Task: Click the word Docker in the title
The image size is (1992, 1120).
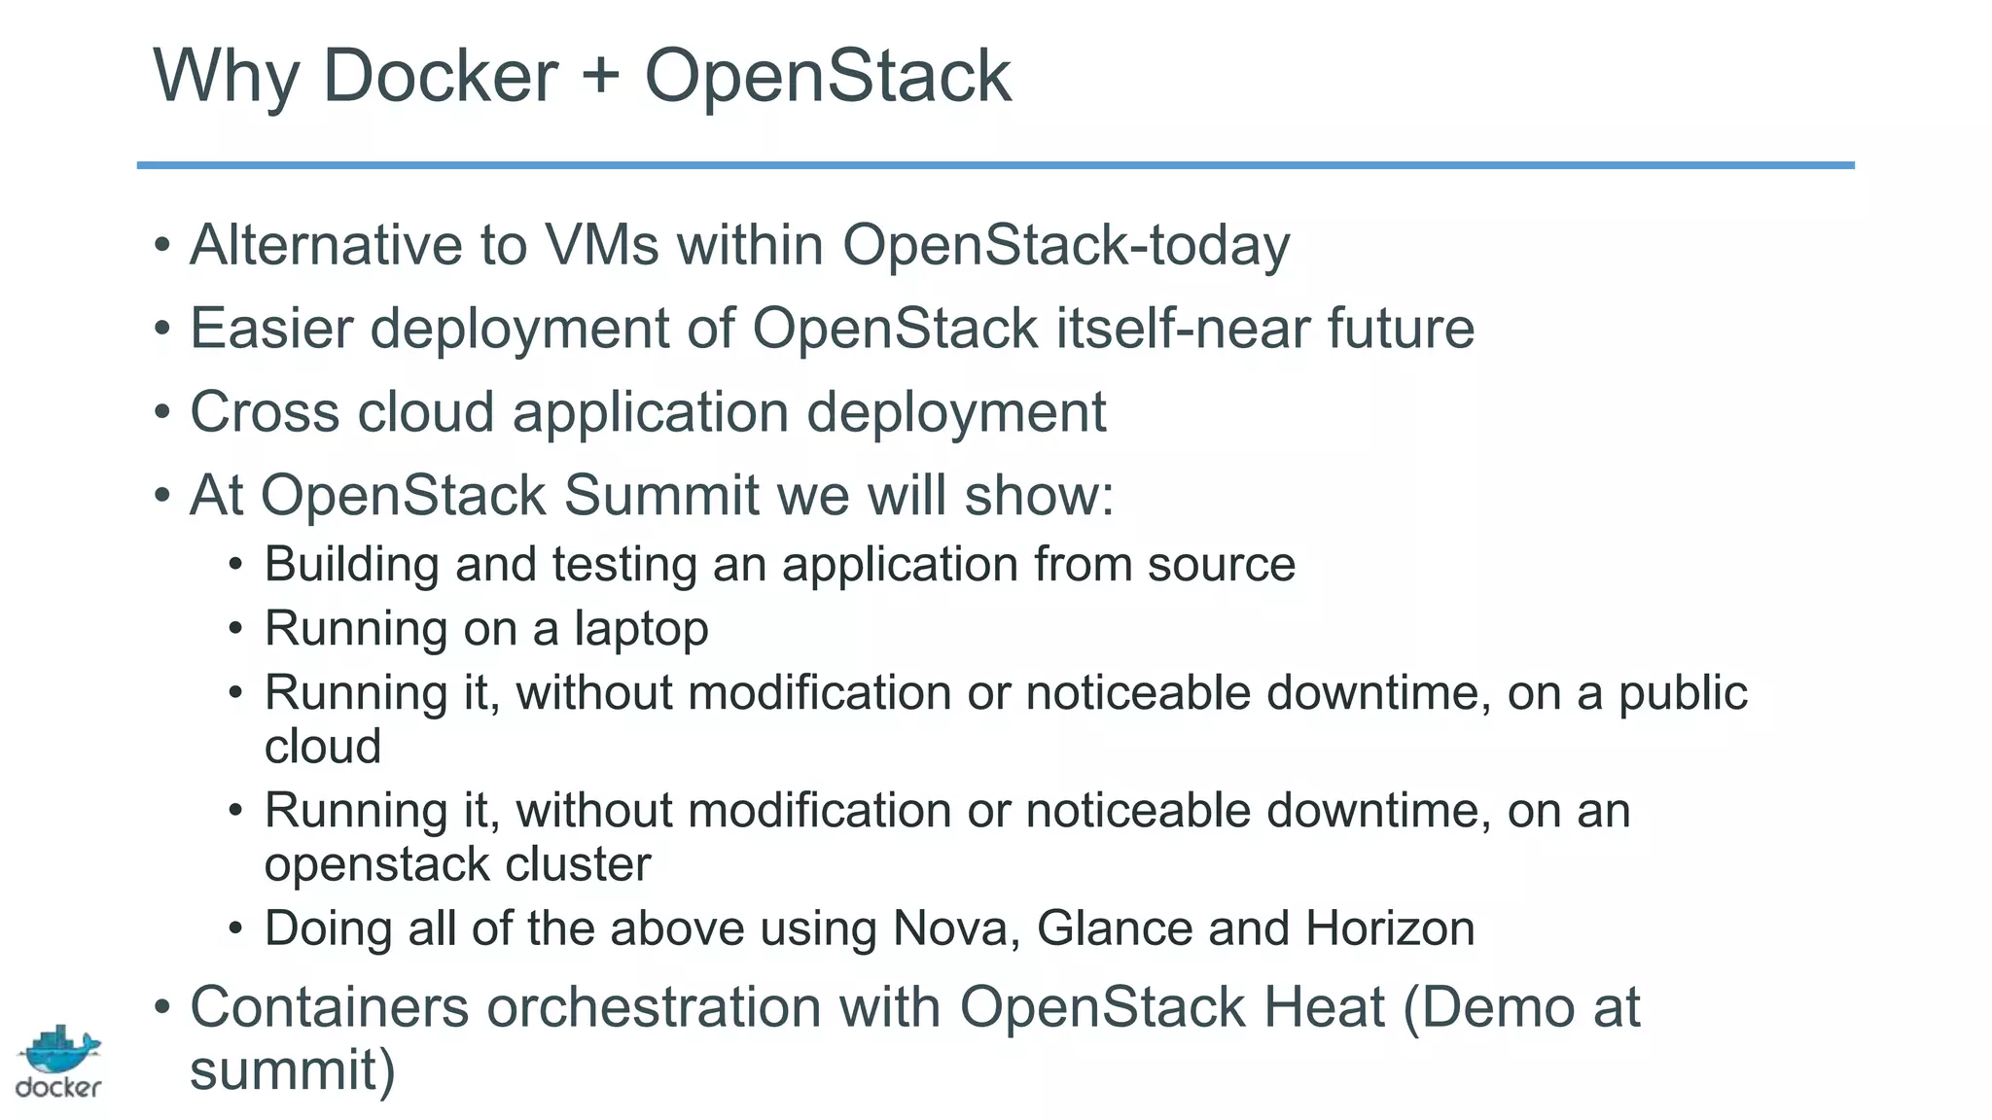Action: coord(440,76)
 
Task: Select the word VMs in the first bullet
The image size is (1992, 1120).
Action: coord(602,245)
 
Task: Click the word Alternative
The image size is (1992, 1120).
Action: coord(326,245)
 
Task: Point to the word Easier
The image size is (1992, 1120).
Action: coord(271,329)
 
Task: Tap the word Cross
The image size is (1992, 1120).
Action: coord(265,412)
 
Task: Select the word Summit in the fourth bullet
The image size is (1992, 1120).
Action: coord(660,496)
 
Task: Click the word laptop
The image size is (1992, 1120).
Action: coord(641,630)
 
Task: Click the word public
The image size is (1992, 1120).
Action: coord(1683,694)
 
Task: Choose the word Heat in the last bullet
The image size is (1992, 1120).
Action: coord(1323,1007)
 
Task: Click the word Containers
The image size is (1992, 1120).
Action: coord(329,1007)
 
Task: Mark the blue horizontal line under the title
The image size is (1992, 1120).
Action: coord(995,165)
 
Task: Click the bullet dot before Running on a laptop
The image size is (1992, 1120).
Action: coord(235,630)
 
